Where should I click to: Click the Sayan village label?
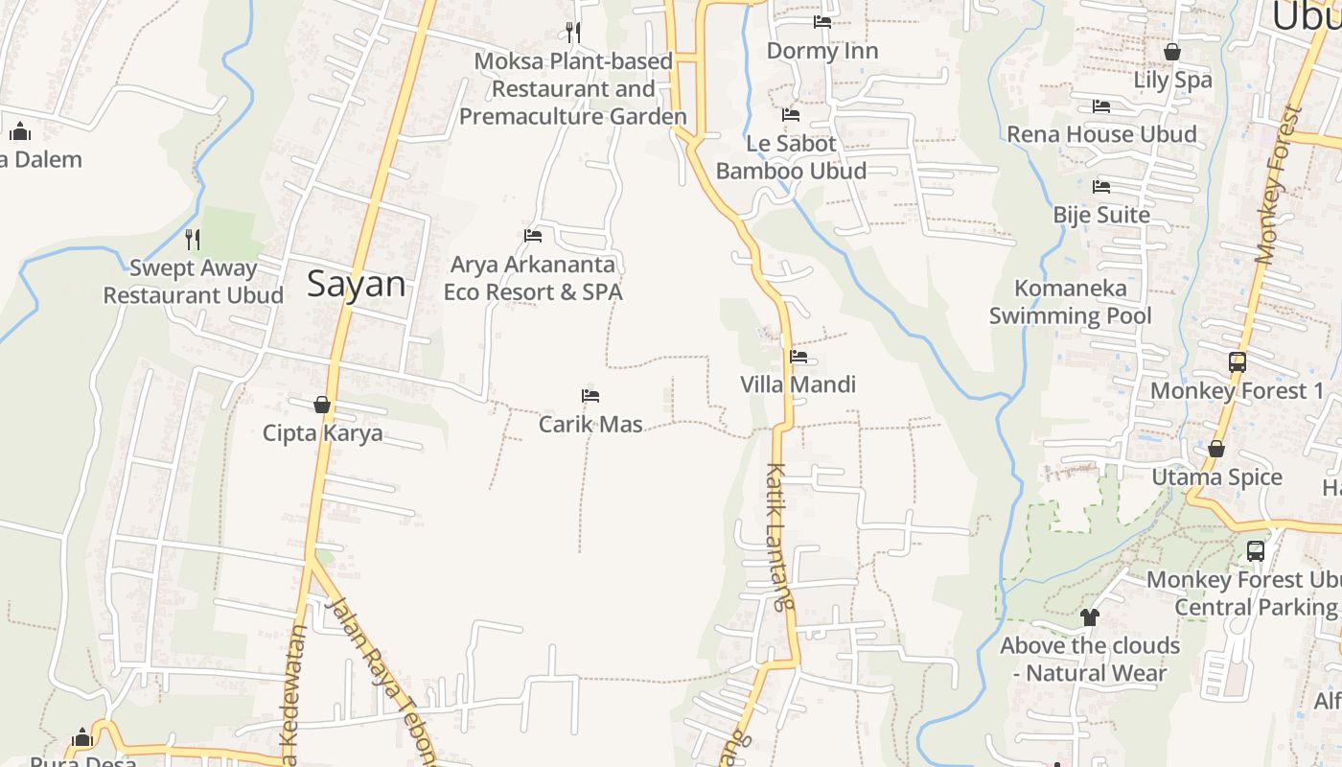[x=357, y=284]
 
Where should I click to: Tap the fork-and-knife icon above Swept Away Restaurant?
[x=193, y=239]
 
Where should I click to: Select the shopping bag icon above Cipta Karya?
[x=322, y=405]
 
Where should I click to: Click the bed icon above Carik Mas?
[x=590, y=395]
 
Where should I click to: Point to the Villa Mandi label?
[x=798, y=384]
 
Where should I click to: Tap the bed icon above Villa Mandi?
[x=798, y=357]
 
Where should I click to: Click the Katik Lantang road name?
[x=780, y=537]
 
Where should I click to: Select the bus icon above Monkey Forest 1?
[x=1238, y=362]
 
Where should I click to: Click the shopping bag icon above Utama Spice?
[x=1216, y=449]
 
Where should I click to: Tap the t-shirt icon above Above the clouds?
[x=1089, y=617]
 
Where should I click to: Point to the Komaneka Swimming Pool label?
[x=1071, y=301]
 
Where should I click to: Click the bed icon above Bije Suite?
[x=1101, y=186]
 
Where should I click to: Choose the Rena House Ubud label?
[x=1101, y=134]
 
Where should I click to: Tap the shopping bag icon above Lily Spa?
[x=1172, y=52]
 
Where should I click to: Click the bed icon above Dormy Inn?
[x=822, y=21]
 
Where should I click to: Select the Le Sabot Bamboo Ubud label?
[x=791, y=157]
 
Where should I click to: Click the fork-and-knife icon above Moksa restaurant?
[x=572, y=33]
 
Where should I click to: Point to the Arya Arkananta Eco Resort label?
[x=533, y=278]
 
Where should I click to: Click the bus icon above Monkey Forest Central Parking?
[x=1256, y=551]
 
